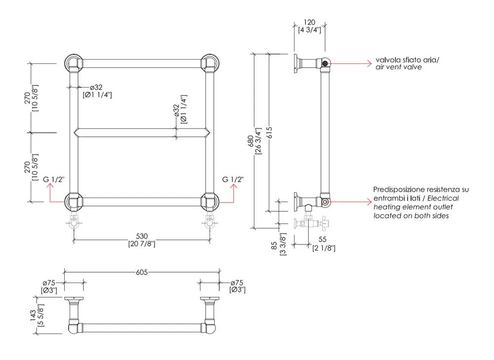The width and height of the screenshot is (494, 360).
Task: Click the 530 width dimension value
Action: pos(142,236)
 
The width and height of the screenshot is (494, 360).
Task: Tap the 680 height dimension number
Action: pos(250,141)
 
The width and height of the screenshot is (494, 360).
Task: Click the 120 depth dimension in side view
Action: pos(309,23)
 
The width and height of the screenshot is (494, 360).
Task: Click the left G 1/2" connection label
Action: pos(54,179)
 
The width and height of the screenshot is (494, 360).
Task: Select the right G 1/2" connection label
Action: pos(233,179)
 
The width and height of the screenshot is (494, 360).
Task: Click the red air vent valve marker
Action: pos(326,63)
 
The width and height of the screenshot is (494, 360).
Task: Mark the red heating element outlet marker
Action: pos(326,201)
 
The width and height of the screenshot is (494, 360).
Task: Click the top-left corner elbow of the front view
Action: pos(74,64)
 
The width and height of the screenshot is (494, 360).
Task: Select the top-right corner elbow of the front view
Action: pos(210,64)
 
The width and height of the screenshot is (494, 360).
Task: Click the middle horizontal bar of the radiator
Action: pos(142,132)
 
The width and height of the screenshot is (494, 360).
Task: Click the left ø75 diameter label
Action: pos(48,282)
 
